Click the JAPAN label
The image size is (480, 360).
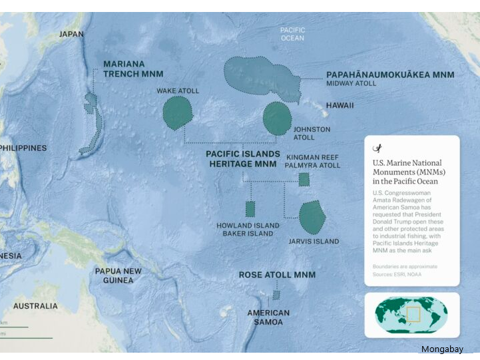click(71, 34)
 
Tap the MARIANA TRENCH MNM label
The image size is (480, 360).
click(133, 69)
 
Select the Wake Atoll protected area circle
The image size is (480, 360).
click(177, 112)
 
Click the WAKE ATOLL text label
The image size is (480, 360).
click(178, 90)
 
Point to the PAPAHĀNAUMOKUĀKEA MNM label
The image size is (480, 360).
click(389, 75)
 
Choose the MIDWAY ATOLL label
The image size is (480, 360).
click(351, 84)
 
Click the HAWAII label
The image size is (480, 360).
click(340, 106)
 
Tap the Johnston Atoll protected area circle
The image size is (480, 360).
click(277, 118)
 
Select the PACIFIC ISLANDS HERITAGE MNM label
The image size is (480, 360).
click(242, 158)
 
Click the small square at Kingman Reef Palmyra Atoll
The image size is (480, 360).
click(304, 179)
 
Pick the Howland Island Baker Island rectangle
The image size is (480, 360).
click(250, 209)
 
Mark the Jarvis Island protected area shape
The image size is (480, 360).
click(311, 216)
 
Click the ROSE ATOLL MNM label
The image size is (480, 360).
click(277, 275)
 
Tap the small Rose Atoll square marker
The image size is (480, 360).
click(276, 295)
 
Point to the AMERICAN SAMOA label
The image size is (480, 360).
click(268, 317)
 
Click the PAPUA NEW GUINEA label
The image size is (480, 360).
click(118, 275)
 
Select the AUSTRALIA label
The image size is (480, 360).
click(35, 306)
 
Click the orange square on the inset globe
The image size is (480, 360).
click(414, 313)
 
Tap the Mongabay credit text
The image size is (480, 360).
click(441, 349)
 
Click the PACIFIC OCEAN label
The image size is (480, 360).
click(292, 34)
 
